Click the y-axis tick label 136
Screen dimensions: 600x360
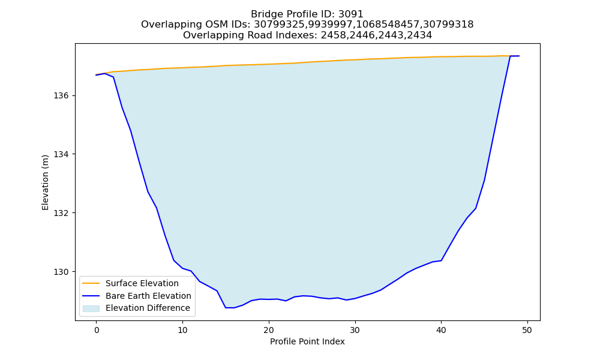(61, 95)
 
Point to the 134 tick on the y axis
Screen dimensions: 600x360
(61, 154)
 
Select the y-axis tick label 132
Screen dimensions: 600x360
(61, 213)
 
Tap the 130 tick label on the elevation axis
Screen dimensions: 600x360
(61, 272)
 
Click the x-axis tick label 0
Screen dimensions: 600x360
(97, 330)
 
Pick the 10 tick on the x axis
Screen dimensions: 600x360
(182, 330)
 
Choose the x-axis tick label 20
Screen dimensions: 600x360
(269, 330)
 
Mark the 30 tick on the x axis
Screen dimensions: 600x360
(355, 330)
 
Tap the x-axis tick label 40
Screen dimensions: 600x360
(441, 330)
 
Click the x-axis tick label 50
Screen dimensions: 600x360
(527, 330)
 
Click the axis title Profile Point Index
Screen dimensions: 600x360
(307, 341)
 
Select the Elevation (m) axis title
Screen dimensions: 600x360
(46, 182)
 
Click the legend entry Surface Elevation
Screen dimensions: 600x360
(142, 283)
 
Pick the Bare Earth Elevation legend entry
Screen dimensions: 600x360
(148, 296)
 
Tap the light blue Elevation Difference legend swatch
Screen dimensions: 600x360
(91, 308)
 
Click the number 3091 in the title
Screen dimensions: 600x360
(350, 14)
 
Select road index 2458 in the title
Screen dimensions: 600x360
(333, 35)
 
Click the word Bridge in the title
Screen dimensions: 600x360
(265, 14)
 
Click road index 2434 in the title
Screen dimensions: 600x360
(419, 35)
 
